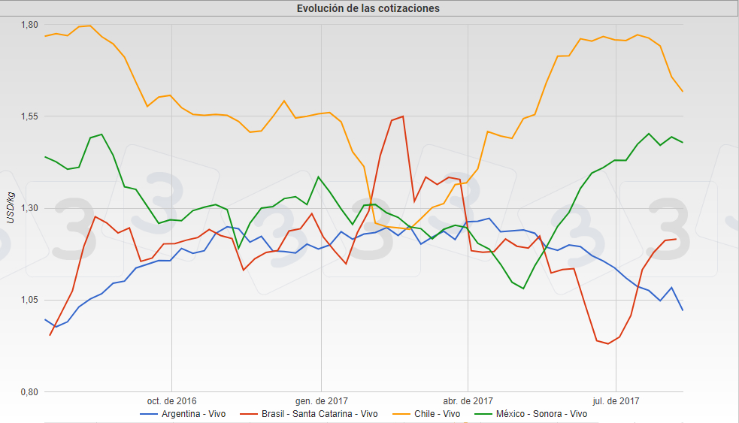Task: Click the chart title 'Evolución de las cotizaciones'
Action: point(368,8)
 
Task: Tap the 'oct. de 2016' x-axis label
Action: point(172,401)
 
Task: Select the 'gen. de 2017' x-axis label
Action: point(321,401)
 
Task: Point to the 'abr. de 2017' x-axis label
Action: point(468,401)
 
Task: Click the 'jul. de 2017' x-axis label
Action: point(616,401)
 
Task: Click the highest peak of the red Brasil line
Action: point(404,116)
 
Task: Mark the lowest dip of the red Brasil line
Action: point(607,344)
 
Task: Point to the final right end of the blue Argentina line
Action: point(683,310)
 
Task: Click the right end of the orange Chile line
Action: point(683,92)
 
